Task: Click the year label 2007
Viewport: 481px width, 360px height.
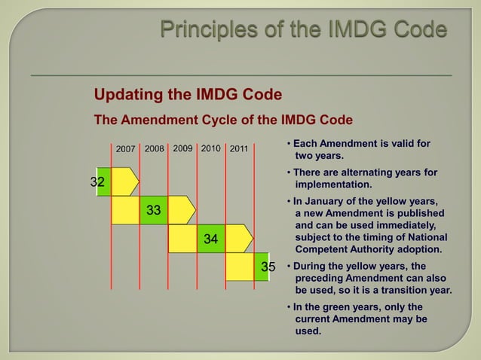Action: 125,148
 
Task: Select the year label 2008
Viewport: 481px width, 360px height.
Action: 155,148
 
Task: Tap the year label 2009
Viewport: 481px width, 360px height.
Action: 183,148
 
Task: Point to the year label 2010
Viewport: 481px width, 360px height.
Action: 212,148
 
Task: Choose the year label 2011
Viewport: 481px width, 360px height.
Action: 239,148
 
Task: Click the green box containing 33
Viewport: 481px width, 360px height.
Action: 154,210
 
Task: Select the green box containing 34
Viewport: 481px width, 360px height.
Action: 211,239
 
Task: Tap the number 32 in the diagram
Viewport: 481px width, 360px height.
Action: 98,182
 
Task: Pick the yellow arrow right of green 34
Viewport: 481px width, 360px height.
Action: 239,239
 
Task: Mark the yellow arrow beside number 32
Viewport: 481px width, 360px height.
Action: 124,182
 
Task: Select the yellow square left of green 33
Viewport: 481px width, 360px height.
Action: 125,210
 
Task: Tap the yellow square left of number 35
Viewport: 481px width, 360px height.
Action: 240,267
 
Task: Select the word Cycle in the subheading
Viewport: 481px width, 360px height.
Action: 231,120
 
